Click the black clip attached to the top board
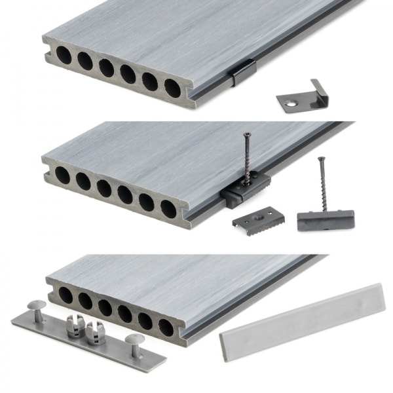tap(242, 73)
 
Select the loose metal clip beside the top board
tap(302, 96)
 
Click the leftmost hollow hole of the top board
tap(64, 56)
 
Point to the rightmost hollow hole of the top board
tap(172, 88)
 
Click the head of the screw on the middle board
tap(248, 136)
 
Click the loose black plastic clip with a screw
tap(326, 219)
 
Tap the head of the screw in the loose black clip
tap(320, 159)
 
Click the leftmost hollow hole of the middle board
tap(62, 175)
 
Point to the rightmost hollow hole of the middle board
tap(168, 209)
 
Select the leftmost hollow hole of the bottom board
tap(65, 295)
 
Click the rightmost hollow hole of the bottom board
tap(166, 327)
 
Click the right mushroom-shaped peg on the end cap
tap(136, 340)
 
